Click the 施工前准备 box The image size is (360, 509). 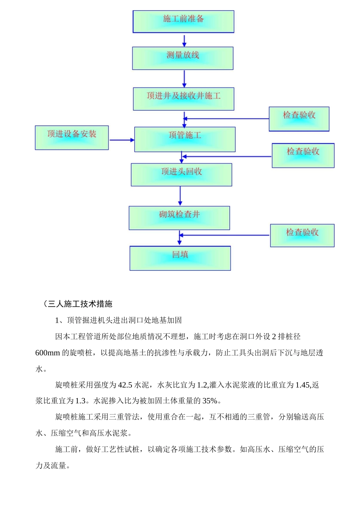click(183, 22)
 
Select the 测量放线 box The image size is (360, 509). click(183, 58)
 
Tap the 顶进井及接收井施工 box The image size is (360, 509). click(183, 99)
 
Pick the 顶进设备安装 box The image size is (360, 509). click(72, 137)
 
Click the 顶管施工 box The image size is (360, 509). click(185, 139)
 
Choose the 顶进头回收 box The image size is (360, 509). click(182, 175)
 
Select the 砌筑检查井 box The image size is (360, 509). click(179, 218)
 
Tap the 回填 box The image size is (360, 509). click(180, 258)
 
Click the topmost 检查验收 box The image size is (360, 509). click(299, 119)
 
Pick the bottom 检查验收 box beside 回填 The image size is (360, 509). click(302, 236)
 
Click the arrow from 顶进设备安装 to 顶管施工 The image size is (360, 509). click(122, 140)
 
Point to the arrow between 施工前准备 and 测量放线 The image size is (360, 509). click(184, 40)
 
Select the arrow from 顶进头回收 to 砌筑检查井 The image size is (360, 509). click(180, 196)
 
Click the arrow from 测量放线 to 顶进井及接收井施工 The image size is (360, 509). click(184, 79)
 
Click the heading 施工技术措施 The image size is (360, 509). click(88, 304)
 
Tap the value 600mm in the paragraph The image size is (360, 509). click(47, 353)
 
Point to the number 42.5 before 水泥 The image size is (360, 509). click(125, 385)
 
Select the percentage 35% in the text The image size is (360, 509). click(210, 401)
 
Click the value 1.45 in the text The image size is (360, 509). click(302, 385)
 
